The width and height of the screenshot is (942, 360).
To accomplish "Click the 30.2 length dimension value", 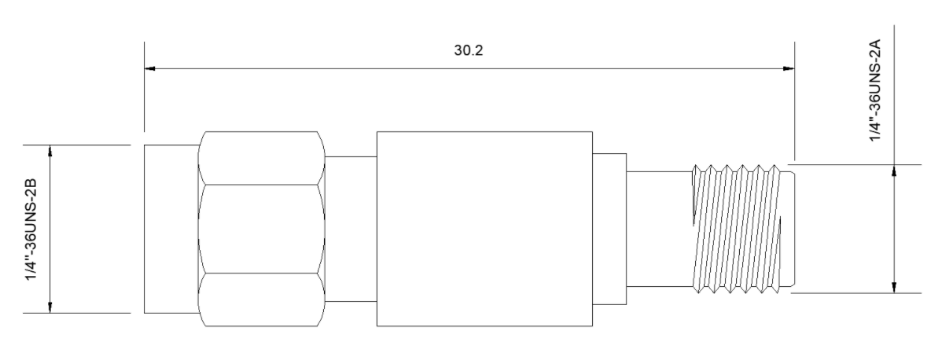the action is point(468,50).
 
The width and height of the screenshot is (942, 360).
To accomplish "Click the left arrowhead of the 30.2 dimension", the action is point(149,68).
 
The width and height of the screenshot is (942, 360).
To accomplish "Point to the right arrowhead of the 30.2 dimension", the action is point(789,68).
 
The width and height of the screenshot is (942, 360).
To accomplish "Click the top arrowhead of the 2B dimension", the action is point(50,150).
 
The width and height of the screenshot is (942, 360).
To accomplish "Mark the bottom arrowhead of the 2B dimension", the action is point(50,307).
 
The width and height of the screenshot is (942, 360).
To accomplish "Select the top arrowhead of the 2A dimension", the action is point(894,171).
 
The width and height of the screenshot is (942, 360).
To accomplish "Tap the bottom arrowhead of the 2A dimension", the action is point(894,287).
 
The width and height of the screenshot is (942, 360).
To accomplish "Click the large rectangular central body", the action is point(484,229).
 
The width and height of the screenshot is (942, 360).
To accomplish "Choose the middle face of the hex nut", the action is point(261,229).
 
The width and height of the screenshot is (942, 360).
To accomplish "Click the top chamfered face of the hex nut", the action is point(261,158).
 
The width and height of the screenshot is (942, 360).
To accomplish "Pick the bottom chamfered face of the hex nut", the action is point(261,300).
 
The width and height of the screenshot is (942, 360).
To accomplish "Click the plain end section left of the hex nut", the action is point(171,229).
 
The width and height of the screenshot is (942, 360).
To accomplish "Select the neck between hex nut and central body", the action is point(351,229).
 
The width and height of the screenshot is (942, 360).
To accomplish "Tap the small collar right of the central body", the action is point(609,229).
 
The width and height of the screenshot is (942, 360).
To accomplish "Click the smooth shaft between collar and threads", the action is point(660,229).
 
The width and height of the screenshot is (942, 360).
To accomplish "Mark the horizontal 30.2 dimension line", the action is point(469,68).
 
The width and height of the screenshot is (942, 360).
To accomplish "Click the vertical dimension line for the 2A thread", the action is point(894,229).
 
